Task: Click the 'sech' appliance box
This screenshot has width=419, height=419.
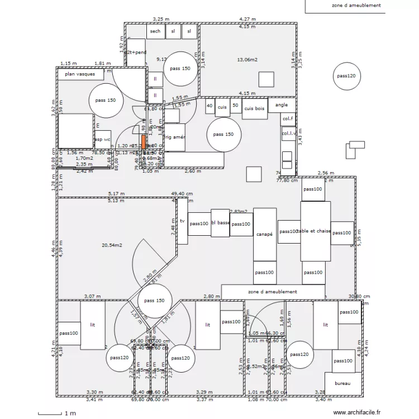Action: click(155, 32)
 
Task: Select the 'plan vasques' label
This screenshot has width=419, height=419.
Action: click(80, 74)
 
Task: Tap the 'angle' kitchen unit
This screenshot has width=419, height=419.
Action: click(282, 105)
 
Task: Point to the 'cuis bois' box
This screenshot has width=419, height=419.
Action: click(254, 108)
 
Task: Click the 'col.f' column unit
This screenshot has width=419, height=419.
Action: click(287, 119)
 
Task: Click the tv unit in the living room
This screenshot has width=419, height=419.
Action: click(182, 222)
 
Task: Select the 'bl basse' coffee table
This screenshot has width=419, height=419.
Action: click(221, 223)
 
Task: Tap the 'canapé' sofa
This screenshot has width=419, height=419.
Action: click(265, 235)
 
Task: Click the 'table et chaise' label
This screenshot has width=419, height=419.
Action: click(315, 231)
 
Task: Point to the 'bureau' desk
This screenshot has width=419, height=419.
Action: click(342, 383)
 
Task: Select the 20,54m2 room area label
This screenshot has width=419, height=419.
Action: click(112, 245)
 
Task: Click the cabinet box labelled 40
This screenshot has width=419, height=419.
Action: click(209, 105)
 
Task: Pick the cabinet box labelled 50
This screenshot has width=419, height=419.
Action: click(235, 105)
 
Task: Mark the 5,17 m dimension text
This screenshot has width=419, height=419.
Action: click(116, 194)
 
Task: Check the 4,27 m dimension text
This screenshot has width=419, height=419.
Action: click(247, 19)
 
